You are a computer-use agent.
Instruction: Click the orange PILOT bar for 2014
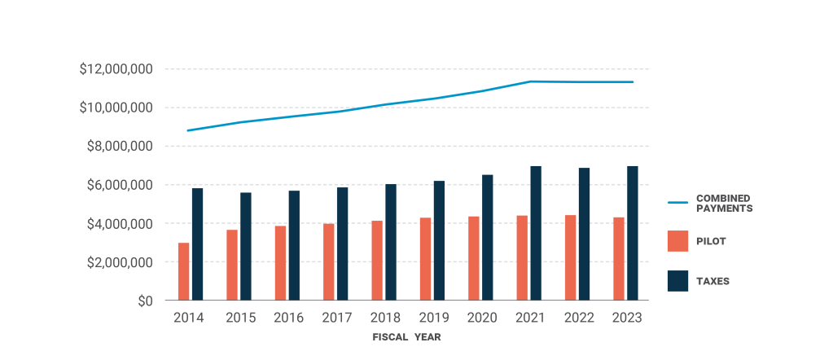(183, 272)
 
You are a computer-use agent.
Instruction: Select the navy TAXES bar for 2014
(197, 244)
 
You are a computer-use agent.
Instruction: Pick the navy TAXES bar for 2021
(536, 233)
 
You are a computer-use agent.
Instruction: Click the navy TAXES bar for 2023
(632, 233)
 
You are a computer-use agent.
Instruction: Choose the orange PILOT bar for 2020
(474, 258)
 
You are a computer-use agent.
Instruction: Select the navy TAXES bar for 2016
(294, 245)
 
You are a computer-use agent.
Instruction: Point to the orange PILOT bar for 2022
(570, 258)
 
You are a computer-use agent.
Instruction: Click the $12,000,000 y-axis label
(116, 69)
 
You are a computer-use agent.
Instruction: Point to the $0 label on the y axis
(144, 301)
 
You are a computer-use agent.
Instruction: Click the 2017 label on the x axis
(337, 318)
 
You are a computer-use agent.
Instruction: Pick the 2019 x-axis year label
(433, 318)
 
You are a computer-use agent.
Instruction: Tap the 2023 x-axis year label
(626, 318)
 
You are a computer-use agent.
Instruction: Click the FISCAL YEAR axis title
(407, 336)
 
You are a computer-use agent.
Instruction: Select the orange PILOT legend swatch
(677, 241)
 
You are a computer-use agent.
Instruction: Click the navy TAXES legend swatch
(677, 280)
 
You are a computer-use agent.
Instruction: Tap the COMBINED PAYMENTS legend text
(723, 203)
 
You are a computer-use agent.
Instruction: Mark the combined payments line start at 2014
(188, 130)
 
